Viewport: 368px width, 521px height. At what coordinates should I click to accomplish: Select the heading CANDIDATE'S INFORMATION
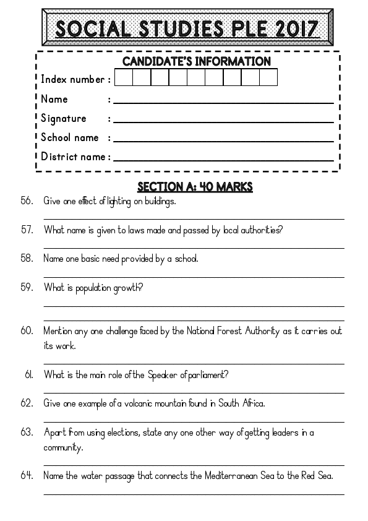coord(196,61)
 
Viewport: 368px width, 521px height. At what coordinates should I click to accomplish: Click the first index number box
coord(124,77)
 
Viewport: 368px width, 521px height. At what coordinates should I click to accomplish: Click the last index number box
coord(268,77)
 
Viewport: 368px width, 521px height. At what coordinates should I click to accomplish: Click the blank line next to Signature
coord(223,122)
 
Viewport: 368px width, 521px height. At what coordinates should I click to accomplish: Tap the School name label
coord(70,137)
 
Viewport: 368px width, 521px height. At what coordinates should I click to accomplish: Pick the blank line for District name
coord(223,160)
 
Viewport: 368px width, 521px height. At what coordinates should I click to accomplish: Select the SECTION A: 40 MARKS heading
coord(194,187)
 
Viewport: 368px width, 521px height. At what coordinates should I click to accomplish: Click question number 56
coord(27,201)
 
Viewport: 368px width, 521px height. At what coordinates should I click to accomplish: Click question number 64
coord(27,476)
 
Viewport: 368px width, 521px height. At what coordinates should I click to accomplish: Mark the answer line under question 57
coord(194,248)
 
